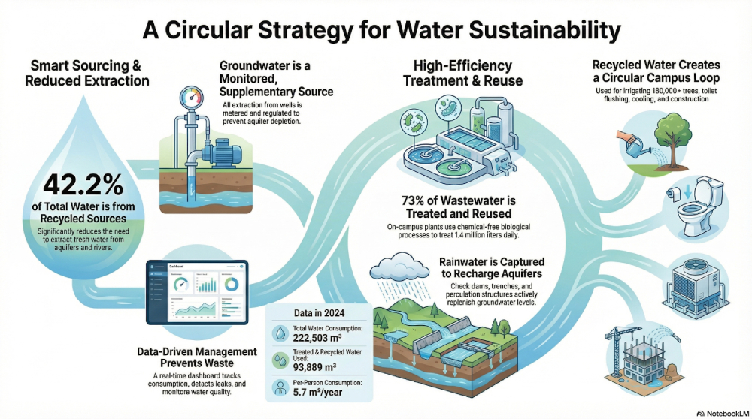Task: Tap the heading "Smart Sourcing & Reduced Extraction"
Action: click(x=87, y=73)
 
